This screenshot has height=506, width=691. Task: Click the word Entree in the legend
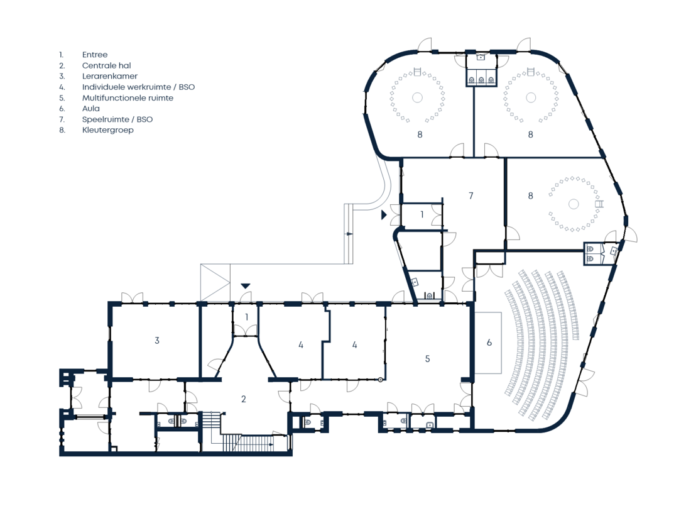tap(95, 55)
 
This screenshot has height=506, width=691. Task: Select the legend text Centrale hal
tap(107, 65)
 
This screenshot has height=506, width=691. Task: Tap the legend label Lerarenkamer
tap(110, 76)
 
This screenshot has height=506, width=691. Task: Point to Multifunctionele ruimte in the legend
tap(128, 97)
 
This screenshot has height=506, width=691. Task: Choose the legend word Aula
tap(91, 109)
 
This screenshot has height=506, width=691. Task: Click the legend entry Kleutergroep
tap(107, 130)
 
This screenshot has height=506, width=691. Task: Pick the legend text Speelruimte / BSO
tap(117, 119)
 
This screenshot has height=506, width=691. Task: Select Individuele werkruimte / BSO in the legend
tap(138, 87)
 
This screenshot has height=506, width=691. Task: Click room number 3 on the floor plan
tap(157, 340)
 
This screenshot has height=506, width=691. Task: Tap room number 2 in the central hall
tap(244, 399)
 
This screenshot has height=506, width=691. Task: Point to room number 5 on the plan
tap(427, 359)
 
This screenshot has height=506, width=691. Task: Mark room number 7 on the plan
tap(471, 195)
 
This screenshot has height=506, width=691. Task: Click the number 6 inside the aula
tap(489, 343)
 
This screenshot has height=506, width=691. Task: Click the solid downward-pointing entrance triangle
tap(246, 286)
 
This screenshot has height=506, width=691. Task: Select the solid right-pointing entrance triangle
tap(384, 215)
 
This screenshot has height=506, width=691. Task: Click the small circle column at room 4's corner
tap(381, 379)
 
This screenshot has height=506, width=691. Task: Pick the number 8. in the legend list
tap(62, 130)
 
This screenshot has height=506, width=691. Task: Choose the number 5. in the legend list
tap(62, 98)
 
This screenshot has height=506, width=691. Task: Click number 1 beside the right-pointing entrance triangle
tap(422, 214)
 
